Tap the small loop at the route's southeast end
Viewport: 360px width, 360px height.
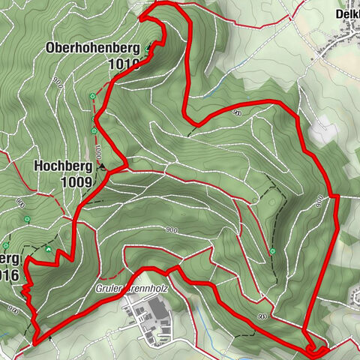(315, 347)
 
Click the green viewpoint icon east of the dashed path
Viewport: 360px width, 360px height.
(273, 250)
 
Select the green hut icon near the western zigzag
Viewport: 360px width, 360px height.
(49, 249)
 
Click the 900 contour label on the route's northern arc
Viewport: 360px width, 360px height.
(236, 112)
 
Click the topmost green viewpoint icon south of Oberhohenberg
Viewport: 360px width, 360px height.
(92, 96)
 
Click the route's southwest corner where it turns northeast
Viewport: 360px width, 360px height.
(35, 343)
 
